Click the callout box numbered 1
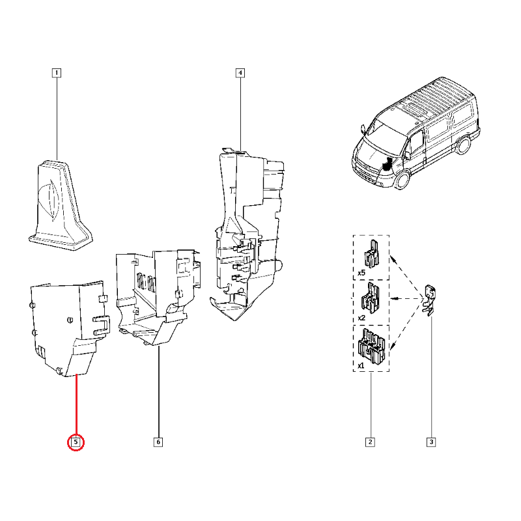pyautogui.click(x=57, y=73)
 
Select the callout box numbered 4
pyautogui.click(x=240, y=73)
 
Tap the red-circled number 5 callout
pyautogui.click(x=76, y=442)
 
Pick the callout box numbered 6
pyautogui.click(x=158, y=442)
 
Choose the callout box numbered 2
pyautogui.click(x=370, y=442)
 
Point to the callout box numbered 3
pyautogui.click(x=431, y=442)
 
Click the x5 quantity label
pyautogui.click(x=361, y=273)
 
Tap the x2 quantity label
pyautogui.click(x=361, y=318)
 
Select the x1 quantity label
pyautogui.click(x=361, y=365)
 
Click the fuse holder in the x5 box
pyautogui.click(x=372, y=254)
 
